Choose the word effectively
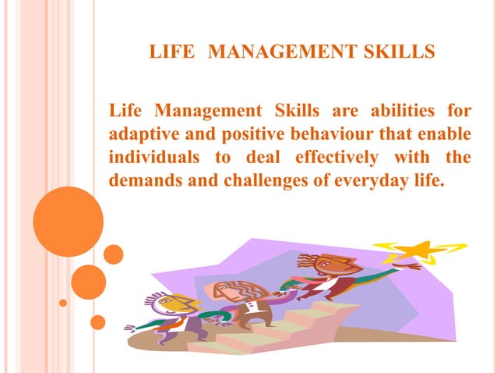click(337, 158)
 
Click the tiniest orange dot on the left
click(64, 302)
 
